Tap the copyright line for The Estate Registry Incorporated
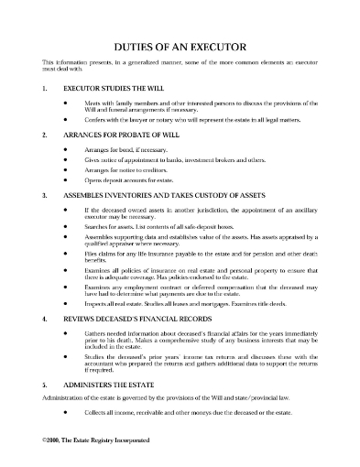pos(94,454)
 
